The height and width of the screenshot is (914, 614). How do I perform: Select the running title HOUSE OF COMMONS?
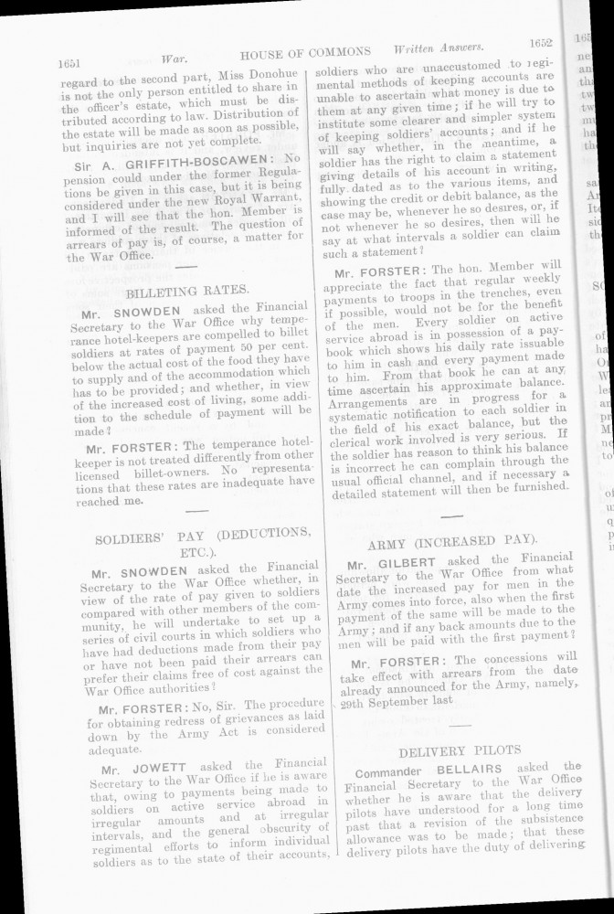[x=305, y=51]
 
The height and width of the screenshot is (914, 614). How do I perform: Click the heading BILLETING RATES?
[x=187, y=290]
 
